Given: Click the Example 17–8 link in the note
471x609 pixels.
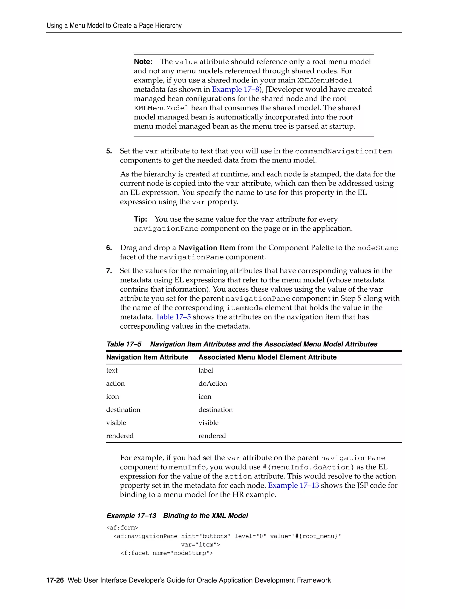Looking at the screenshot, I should coord(235,89).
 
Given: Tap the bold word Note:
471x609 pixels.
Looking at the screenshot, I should coord(143,62).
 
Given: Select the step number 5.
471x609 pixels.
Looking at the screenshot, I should coord(109,151).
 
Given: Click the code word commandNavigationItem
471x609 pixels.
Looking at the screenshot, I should coord(343,151).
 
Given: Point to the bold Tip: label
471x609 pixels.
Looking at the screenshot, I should coord(140,219).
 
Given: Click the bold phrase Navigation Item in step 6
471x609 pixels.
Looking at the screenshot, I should coord(207,248).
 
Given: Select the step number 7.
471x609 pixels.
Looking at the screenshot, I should coord(109,271).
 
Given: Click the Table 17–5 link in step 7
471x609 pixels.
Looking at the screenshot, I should coord(173,317).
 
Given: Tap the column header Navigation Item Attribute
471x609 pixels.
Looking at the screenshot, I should coord(147,357).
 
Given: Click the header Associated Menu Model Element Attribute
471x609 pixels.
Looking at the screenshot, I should coord(267,357).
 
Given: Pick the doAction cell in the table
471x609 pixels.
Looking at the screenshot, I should coord(213,383).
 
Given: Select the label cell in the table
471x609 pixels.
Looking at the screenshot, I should coord(206,370).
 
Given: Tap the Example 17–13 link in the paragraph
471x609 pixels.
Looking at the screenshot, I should coord(293,485).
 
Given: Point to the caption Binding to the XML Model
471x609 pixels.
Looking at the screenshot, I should coord(205,516).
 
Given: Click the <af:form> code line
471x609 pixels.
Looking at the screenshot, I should coord(122,528).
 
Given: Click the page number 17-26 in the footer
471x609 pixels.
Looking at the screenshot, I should coord(55,580).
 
